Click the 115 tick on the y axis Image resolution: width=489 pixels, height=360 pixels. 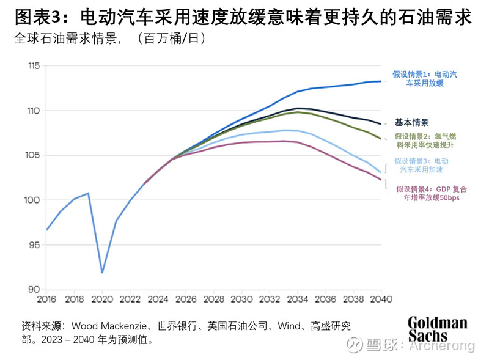[34, 66]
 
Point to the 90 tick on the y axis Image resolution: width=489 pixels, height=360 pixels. [34, 290]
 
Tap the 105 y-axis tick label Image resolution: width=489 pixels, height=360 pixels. [34, 155]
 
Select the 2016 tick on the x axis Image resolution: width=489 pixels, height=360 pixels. [46, 299]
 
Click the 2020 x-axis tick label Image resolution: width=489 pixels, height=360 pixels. [102, 299]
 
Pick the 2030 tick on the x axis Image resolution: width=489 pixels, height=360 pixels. [241, 299]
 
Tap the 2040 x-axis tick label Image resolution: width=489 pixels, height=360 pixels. [381, 299]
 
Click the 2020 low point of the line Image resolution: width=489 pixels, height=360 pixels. [102, 272]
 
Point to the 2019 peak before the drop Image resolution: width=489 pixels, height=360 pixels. [89, 193]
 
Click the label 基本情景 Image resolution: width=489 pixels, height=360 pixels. [412, 122]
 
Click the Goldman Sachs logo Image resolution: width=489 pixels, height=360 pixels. [437, 329]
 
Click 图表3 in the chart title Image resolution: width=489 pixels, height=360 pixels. [35, 17]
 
